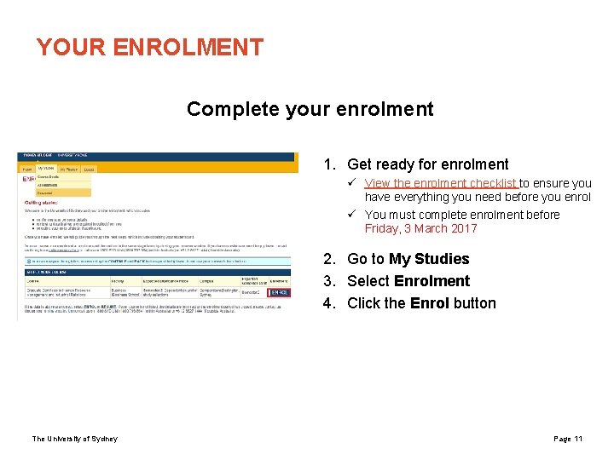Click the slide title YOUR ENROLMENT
pos(150,47)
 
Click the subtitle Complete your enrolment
pos(310,109)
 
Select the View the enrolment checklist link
pos(441,183)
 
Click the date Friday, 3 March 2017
pos(420,228)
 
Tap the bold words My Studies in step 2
pos(429,259)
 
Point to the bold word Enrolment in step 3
pos(432,281)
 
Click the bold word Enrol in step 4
pos(429,303)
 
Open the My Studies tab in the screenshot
pos(47,169)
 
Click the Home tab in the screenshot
pos(26,169)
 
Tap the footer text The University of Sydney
pos(75,439)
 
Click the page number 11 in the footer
pos(578,439)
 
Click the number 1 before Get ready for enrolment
pos(327,164)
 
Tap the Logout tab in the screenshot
pos(90,169)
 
